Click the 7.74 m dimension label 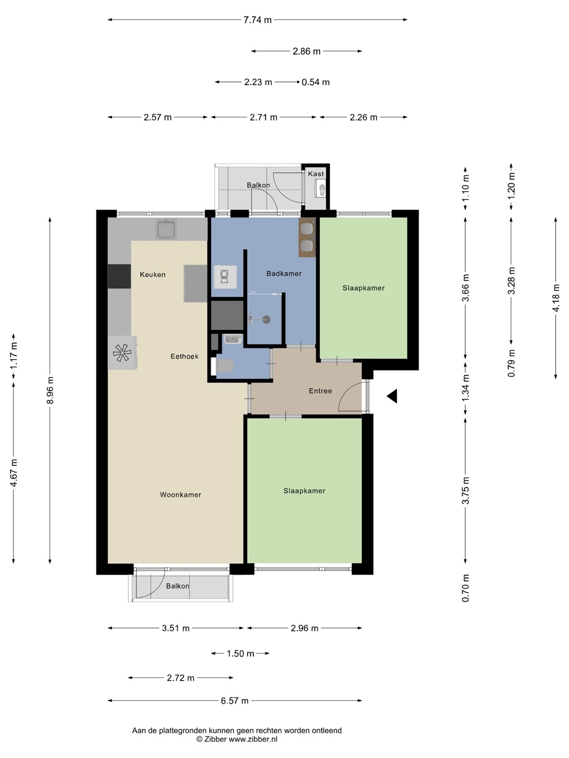258,20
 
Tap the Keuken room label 153,275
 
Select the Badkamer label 284,274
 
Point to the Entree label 320,391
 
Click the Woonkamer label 180,494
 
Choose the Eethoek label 184,356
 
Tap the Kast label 316,174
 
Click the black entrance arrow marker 392,396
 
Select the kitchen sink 166,230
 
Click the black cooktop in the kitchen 119,276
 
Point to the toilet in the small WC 225,366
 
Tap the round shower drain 267,320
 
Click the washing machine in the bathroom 225,277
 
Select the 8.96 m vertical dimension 51,390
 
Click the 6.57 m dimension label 234,701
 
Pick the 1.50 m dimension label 240,654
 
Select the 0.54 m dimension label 316,82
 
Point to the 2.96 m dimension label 305,628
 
